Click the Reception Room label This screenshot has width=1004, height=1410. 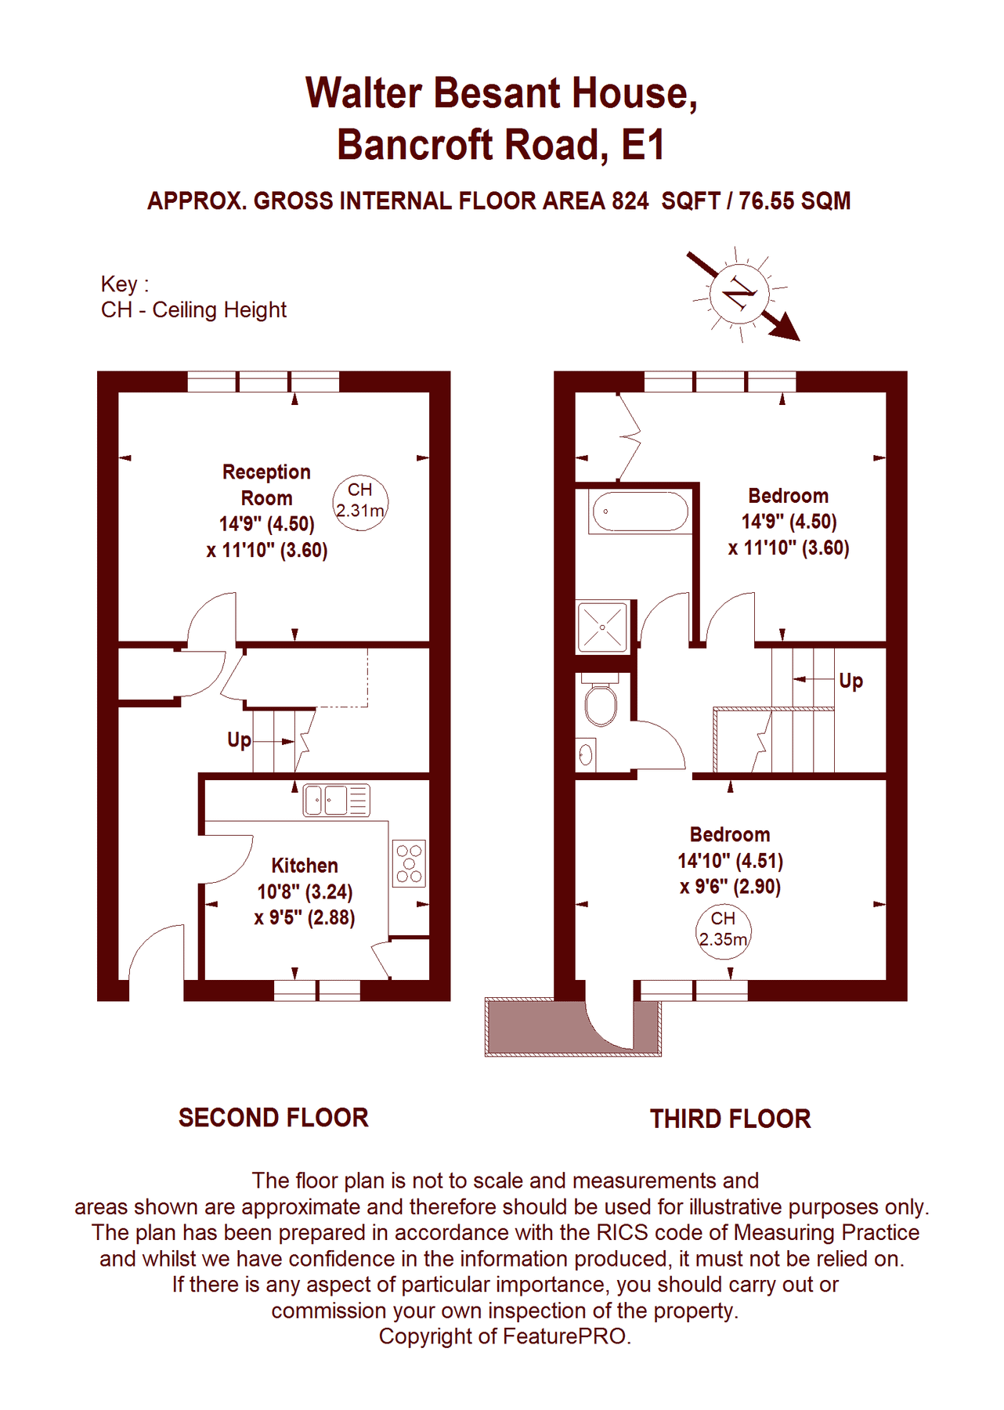click(266, 485)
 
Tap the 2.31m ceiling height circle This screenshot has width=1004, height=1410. click(360, 502)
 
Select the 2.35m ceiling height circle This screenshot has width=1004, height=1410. click(723, 930)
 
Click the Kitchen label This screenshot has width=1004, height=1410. click(305, 866)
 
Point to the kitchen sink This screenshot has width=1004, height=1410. click(336, 801)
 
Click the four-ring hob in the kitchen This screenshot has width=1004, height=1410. click(409, 863)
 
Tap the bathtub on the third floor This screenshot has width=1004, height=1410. click(640, 512)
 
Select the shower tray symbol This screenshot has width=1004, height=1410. click(602, 627)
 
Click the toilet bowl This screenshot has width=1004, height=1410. click(601, 703)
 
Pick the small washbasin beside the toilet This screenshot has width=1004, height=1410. click(586, 755)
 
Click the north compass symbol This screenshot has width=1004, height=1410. click(740, 295)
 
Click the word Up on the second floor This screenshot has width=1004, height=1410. click(239, 740)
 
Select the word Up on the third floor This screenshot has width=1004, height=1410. click(851, 680)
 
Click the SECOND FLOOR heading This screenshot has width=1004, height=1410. click(273, 1118)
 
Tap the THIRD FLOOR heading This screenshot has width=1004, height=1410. click(730, 1119)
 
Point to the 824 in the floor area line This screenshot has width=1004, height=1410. click(630, 201)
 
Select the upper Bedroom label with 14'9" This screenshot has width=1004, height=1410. click(788, 496)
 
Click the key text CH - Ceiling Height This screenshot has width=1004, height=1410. click(193, 310)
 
